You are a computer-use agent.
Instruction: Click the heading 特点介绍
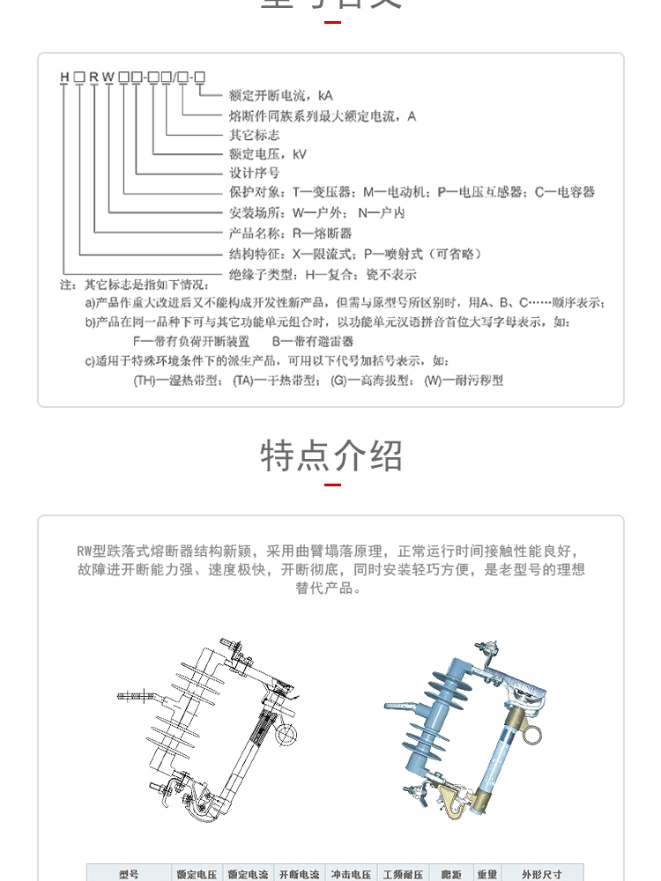click(x=331, y=455)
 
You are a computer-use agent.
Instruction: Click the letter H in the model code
click(x=64, y=78)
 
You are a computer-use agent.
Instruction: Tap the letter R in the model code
click(x=93, y=78)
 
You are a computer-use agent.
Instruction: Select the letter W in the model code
click(x=108, y=78)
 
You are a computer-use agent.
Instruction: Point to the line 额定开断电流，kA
click(x=281, y=95)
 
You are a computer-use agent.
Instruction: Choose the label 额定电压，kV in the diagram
click(x=267, y=154)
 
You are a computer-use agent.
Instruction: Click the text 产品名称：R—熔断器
click(x=290, y=233)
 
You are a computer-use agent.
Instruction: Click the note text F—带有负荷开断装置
click(x=191, y=341)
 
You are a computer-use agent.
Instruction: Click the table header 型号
click(x=129, y=874)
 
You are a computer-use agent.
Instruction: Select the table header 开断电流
click(x=300, y=874)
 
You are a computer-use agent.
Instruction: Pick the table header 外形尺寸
click(x=541, y=874)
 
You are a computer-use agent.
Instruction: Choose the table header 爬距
click(x=451, y=874)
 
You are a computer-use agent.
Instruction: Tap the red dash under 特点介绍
click(x=332, y=485)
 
